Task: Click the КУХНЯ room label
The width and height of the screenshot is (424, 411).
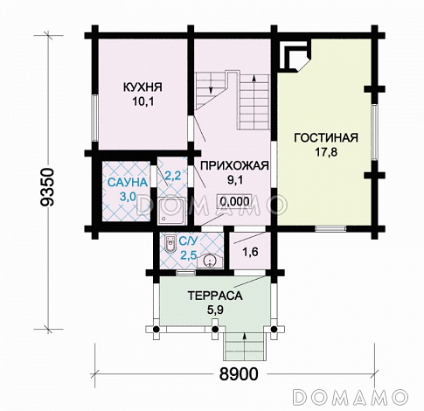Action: [142, 87]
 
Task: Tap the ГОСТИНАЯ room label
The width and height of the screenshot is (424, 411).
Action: [326, 137]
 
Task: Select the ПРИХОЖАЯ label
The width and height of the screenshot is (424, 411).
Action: [234, 165]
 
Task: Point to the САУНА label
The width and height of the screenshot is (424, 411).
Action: [128, 183]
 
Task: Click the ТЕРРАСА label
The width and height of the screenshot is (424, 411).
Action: [215, 296]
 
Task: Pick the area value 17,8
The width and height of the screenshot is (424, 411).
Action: [326, 152]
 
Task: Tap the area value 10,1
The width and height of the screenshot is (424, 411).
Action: [142, 101]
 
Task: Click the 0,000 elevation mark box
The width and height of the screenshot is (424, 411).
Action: [234, 201]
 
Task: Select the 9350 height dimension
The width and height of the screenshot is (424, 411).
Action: [47, 187]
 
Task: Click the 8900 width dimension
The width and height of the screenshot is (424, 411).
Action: [239, 374]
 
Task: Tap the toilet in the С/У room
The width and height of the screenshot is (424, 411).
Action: [169, 243]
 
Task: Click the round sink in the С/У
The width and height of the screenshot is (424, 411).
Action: [209, 261]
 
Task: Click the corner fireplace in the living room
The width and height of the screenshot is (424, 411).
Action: [295, 55]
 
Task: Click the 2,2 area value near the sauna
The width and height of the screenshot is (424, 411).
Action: [173, 176]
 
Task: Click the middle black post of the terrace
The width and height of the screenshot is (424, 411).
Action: [215, 329]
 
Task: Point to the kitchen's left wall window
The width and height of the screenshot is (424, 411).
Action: [94, 118]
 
